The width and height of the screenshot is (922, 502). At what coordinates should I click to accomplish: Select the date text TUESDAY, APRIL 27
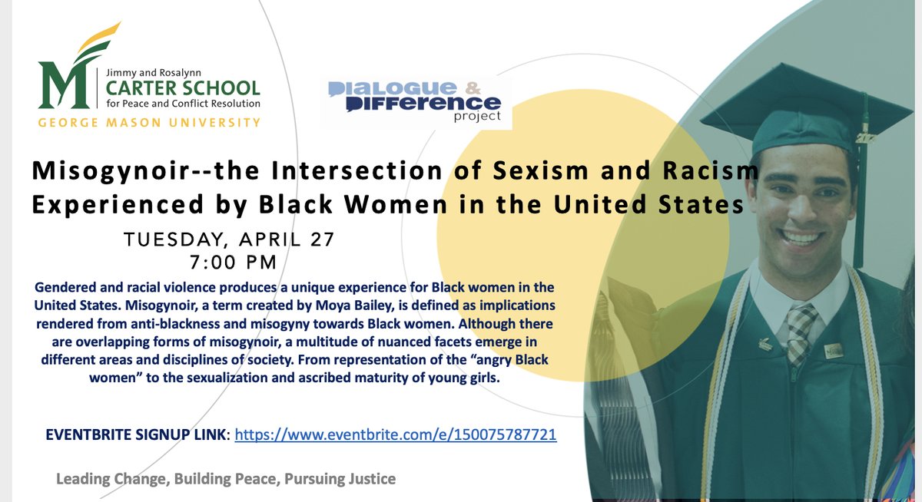click(230, 239)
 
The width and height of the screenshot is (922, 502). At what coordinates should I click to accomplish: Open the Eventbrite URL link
click(395, 435)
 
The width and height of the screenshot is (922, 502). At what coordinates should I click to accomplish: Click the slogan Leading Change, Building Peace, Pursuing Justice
click(226, 479)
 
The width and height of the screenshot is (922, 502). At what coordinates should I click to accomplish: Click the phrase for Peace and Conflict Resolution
click(184, 104)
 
